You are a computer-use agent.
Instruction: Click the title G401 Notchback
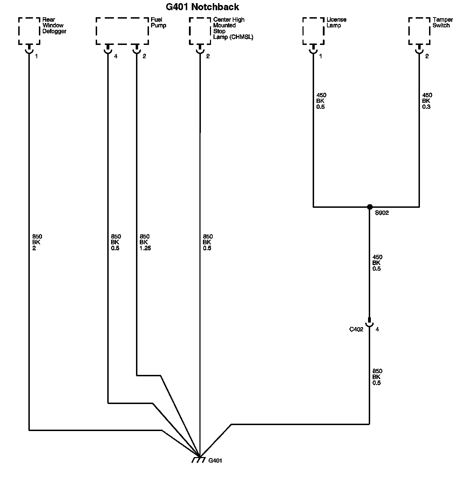click(x=202, y=7)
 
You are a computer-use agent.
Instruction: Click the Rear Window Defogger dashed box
click(x=29, y=31)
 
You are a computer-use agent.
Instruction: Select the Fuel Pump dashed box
click(x=122, y=31)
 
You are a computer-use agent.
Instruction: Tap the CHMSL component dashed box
click(x=200, y=31)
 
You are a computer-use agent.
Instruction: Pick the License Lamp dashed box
click(x=313, y=31)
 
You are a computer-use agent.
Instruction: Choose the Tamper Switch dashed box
click(x=419, y=31)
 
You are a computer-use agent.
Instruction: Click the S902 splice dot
click(x=369, y=207)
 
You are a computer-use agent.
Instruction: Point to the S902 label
click(x=382, y=213)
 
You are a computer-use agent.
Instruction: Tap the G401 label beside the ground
click(x=215, y=461)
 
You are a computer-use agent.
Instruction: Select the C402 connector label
click(x=356, y=330)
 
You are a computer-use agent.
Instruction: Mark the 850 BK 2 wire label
click(x=37, y=243)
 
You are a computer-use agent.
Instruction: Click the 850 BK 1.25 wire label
click(x=145, y=243)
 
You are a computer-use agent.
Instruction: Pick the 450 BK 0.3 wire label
click(x=427, y=101)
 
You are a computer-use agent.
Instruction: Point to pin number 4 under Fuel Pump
click(x=116, y=56)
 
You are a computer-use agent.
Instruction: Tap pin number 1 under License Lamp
click(x=320, y=56)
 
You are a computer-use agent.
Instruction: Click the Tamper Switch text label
click(x=442, y=22)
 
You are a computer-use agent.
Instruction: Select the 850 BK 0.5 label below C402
click(x=377, y=377)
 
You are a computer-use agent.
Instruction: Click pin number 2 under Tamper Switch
click(x=427, y=56)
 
